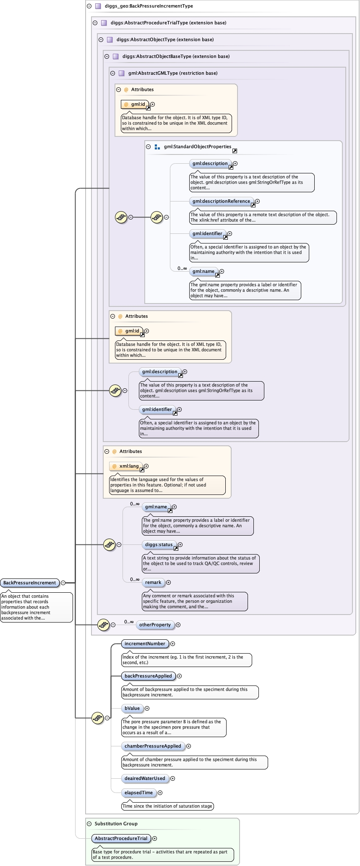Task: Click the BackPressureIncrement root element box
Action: click(29, 583)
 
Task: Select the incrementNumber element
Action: click(145, 644)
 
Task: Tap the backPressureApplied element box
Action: click(148, 676)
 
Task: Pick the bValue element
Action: click(132, 708)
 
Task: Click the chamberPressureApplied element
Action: click(153, 746)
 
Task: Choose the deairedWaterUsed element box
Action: click(145, 778)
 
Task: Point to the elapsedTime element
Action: click(138, 793)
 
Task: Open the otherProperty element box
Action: click(155, 625)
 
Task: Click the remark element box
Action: click(153, 582)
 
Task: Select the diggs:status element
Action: click(159, 544)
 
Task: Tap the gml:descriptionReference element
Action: click(221, 201)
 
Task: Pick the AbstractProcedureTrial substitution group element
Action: click(121, 838)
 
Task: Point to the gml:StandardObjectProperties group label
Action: click(198, 147)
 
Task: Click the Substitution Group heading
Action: click(116, 824)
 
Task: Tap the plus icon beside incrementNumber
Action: click(172, 644)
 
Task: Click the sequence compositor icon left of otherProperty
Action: click(103, 625)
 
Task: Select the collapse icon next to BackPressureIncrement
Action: click(63, 583)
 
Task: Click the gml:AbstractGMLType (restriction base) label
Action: click(173, 73)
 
